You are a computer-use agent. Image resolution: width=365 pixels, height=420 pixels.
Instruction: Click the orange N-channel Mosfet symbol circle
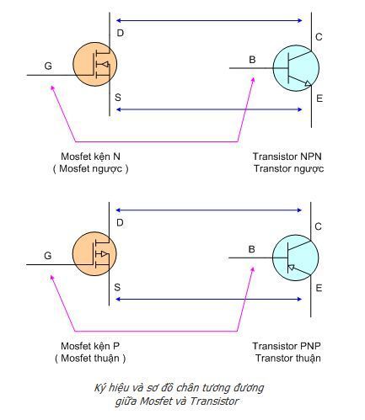click(x=95, y=64)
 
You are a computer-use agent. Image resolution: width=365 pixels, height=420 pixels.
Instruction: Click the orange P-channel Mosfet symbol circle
click(x=94, y=253)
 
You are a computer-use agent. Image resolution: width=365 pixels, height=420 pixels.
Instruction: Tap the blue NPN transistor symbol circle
click(x=296, y=68)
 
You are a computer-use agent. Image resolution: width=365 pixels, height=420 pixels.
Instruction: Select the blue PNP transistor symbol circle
click(x=296, y=258)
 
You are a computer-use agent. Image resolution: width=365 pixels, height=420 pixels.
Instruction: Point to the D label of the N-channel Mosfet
click(x=120, y=33)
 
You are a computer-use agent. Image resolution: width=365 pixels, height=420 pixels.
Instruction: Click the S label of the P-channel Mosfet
click(x=117, y=287)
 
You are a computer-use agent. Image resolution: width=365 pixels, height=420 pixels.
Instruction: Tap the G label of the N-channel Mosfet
click(x=48, y=66)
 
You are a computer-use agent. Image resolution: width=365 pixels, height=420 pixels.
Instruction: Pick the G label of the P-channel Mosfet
click(x=48, y=256)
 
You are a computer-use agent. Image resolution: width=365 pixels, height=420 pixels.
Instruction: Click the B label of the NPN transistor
click(x=252, y=60)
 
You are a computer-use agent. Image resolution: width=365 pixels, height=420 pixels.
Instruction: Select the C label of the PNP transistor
click(x=318, y=226)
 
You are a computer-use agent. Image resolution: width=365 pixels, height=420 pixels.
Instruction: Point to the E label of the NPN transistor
click(x=319, y=98)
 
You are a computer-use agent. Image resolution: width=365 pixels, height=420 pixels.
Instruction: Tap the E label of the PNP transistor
click(x=319, y=288)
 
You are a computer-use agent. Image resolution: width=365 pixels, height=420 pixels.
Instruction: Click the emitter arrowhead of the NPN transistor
click(x=308, y=83)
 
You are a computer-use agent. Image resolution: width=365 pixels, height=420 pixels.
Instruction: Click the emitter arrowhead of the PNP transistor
click(x=291, y=268)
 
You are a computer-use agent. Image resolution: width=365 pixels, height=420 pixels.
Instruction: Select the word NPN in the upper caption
click(x=310, y=157)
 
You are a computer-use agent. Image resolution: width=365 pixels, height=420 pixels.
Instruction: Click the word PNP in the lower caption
click(x=310, y=346)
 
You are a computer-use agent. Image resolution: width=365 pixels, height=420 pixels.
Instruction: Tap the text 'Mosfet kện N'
click(x=90, y=157)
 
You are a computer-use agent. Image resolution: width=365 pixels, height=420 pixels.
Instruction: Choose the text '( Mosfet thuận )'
click(x=90, y=359)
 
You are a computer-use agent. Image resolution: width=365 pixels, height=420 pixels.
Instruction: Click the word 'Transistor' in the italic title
click(x=214, y=401)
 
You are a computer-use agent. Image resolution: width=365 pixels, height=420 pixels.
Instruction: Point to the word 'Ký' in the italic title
click(x=99, y=388)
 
